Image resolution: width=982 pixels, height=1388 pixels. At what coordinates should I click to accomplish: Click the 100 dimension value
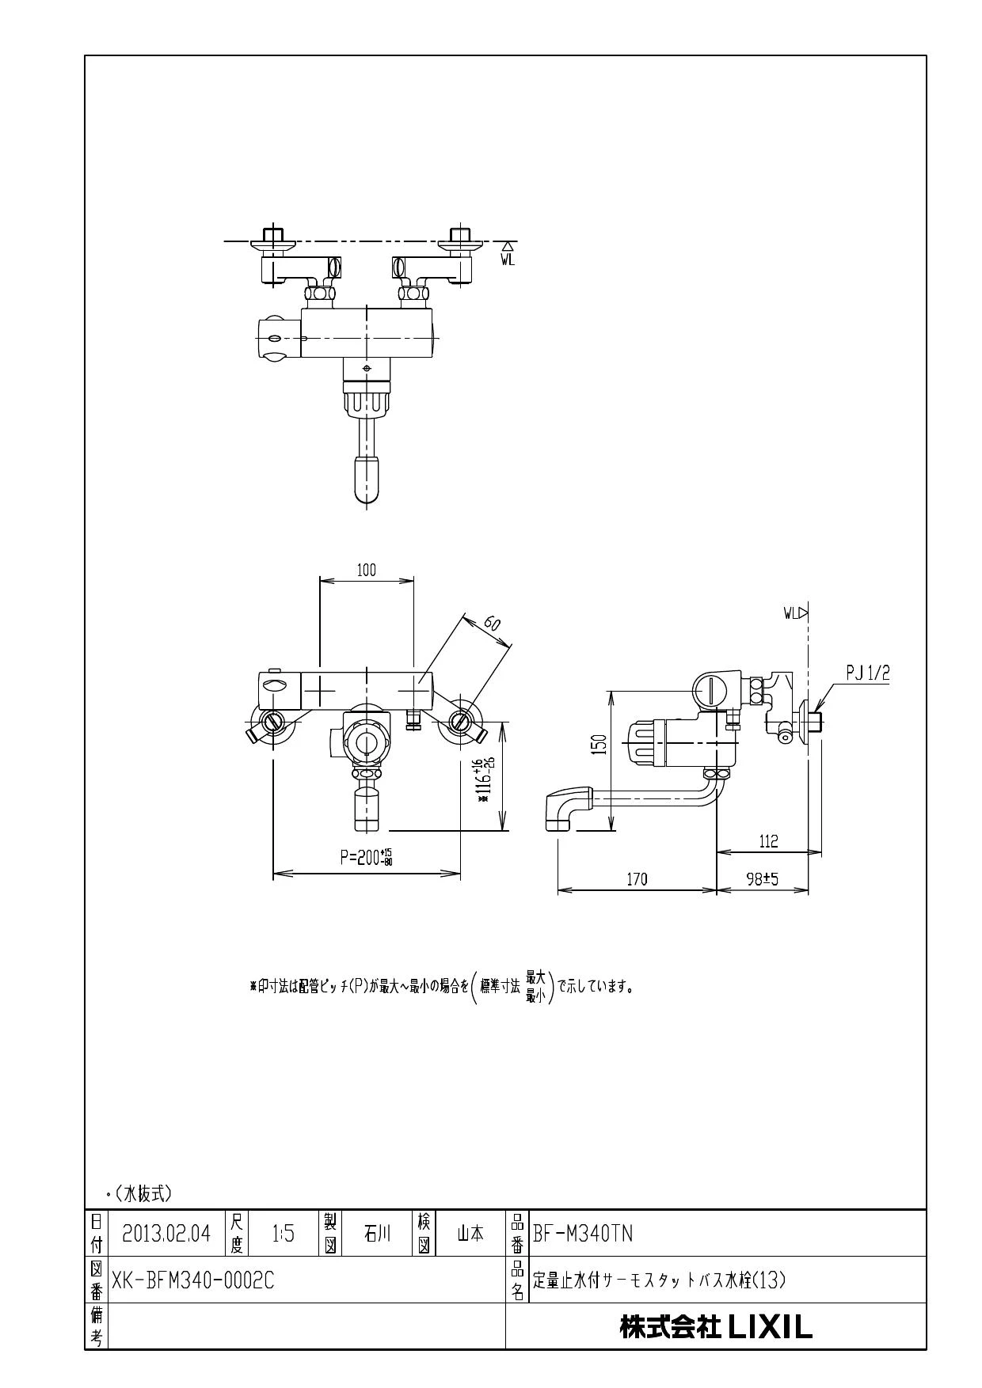click(366, 571)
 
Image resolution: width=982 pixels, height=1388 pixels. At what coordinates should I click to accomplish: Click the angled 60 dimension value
click(492, 623)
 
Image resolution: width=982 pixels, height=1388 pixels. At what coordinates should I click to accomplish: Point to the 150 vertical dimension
click(600, 744)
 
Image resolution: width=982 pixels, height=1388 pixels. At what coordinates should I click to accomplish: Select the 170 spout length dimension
click(638, 879)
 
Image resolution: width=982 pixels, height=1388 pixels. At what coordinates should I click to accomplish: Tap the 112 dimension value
click(768, 841)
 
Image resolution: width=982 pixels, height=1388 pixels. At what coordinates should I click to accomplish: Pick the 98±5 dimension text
click(763, 879)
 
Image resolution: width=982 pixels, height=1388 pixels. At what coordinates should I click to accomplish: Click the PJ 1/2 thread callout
click(868, 673)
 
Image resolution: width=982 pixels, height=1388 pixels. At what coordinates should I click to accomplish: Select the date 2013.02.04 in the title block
click(166, 1234)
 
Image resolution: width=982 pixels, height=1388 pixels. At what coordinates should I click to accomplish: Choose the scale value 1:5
click(283, 1234)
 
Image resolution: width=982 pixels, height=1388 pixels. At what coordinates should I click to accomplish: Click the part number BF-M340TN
click(583, 1234)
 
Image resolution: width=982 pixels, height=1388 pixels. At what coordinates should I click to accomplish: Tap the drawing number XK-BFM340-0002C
click(193, 1280)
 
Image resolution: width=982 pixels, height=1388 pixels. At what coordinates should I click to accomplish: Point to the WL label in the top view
click(508, 259)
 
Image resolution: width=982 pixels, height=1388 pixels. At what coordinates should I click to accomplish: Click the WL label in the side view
click(791, 612)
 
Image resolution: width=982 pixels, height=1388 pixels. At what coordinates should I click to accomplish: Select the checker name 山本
click(470, 1234)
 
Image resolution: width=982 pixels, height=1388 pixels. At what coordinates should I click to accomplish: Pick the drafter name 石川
click(377, 1234)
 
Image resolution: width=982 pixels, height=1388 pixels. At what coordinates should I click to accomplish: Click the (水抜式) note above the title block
click(142, 1193)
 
